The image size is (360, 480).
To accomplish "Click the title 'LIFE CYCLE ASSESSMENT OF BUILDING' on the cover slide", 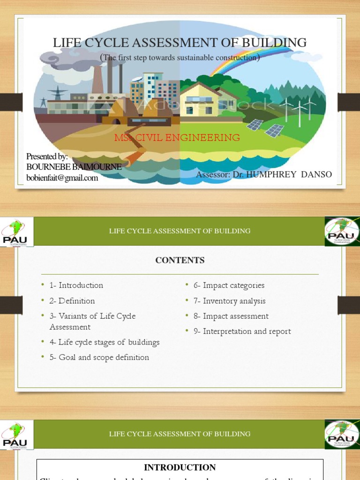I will click(x=180, y=43).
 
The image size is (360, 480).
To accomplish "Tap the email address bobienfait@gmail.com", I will click(x=62, y=178).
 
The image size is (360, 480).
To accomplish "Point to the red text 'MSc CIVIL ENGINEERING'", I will click(x=177, y=138).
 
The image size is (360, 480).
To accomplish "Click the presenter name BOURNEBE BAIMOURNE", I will click(x=74, y=167).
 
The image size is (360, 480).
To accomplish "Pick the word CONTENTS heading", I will click(x=180, y=260).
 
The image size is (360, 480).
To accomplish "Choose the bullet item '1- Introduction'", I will click(x=76, y=285).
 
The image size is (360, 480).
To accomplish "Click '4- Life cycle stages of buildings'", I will click(x=104, y=342).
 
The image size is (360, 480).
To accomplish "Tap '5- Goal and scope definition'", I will click(x=99, y=357).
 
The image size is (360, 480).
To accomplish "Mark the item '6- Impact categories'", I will click(x=229, y=285).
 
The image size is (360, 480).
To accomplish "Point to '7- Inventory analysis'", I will click(x=229, y=300).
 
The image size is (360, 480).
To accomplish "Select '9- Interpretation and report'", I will click(x=242, y=331).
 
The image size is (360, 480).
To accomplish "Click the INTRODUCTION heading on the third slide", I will click(x=180, y=467).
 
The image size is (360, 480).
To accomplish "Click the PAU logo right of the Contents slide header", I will click(x=342, y=231).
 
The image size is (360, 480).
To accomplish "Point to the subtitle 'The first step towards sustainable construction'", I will click(x=180, y=58).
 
